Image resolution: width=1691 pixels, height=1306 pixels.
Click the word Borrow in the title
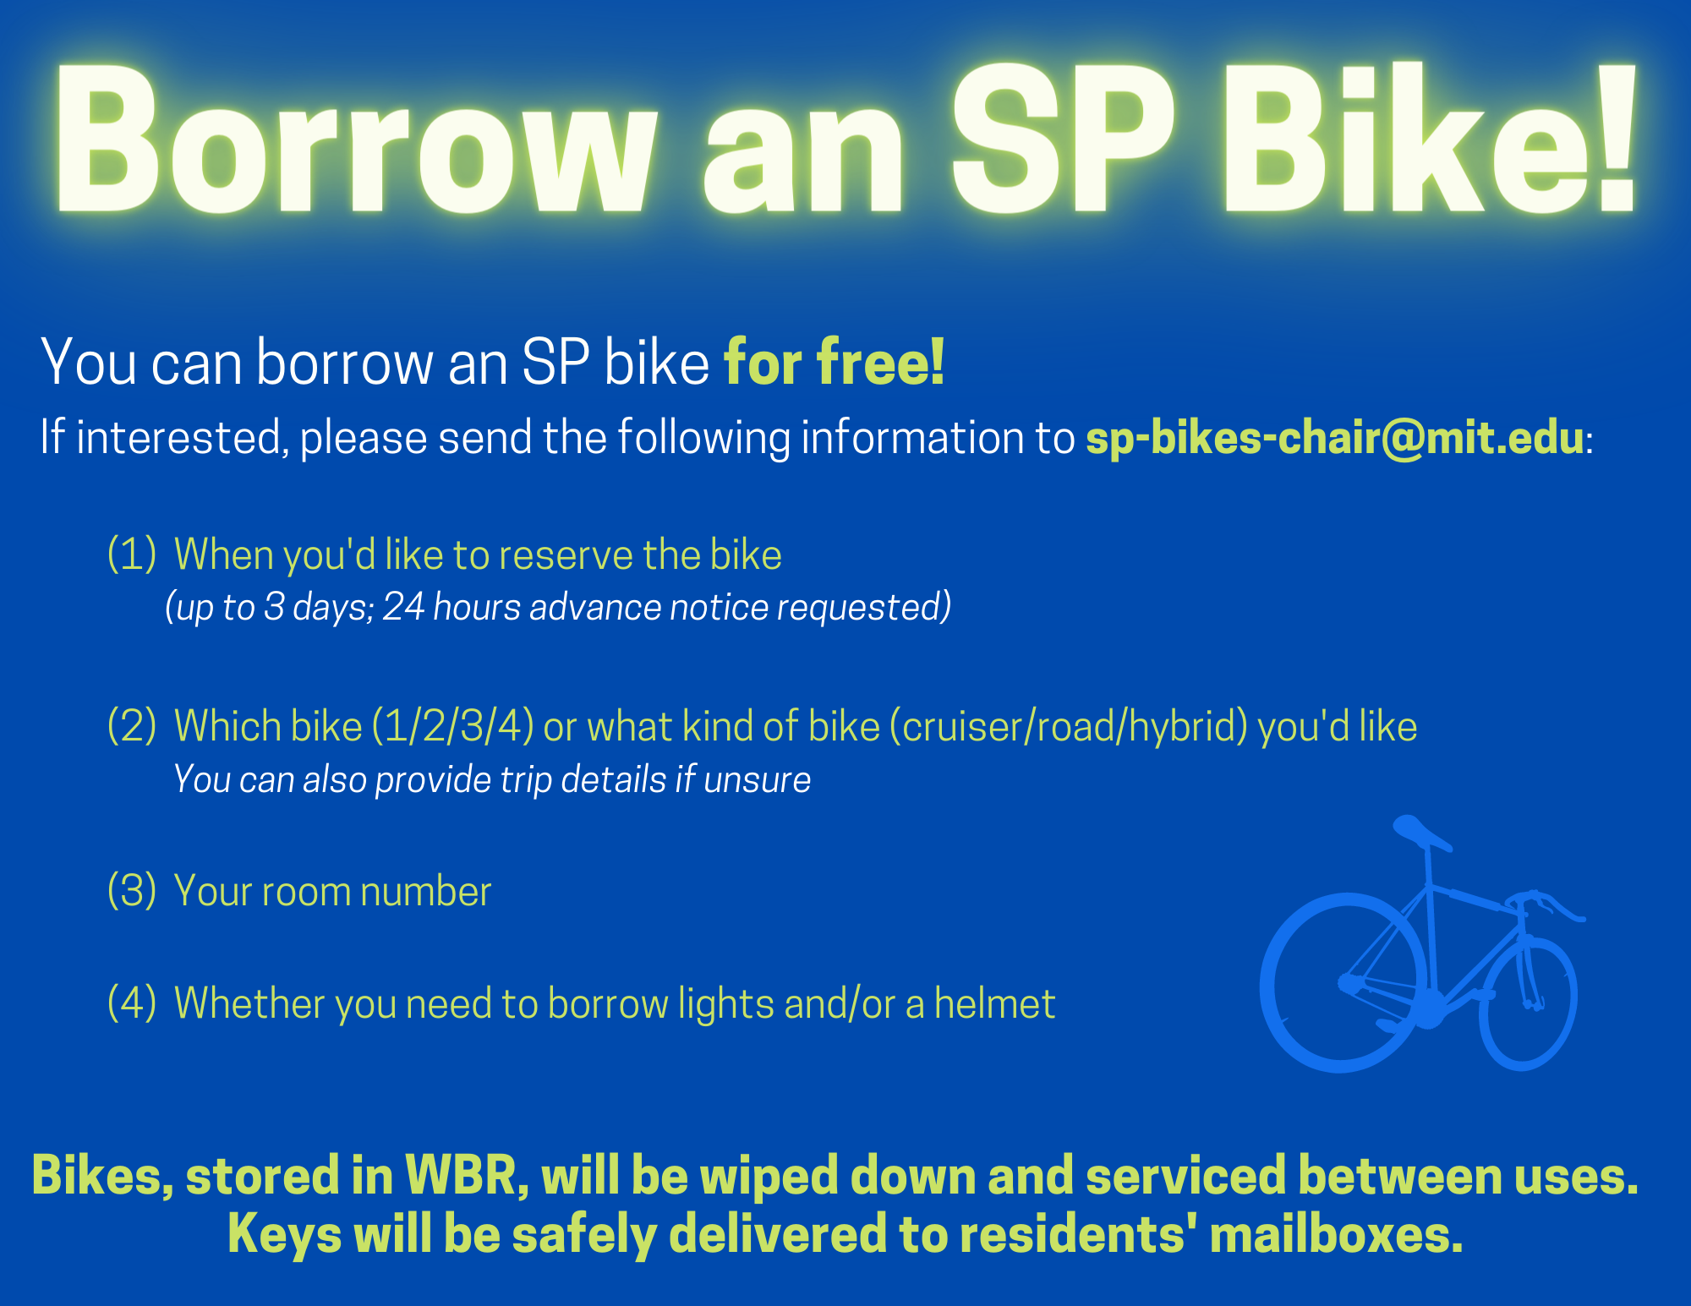355,139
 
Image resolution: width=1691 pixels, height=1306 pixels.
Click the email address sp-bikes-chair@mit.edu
1334,438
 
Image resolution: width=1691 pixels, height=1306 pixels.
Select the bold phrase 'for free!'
834,362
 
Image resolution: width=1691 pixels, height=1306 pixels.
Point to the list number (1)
132,555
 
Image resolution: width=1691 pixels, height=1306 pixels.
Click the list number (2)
132,726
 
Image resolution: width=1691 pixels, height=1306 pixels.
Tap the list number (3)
132,891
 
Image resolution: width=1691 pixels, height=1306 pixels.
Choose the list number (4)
132,1003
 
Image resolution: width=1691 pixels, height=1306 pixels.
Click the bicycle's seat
1420,832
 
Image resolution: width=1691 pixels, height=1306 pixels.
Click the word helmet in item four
994,1003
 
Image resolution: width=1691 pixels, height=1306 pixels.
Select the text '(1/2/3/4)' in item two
452,726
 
